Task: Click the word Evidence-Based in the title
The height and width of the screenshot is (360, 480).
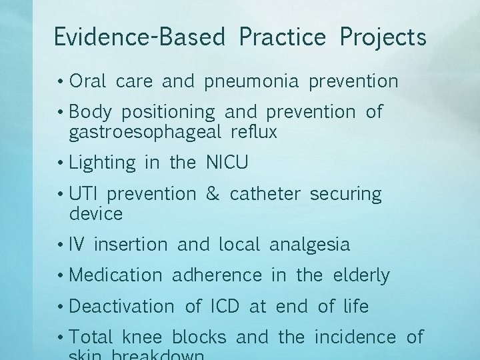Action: coord(139,37)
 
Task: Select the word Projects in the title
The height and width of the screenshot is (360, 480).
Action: coord(383,37)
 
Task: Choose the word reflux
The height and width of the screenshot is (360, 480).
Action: coord(253,131)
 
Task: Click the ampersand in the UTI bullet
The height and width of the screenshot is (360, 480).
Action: coord(213,195)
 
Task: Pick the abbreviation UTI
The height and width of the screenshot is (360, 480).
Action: coord(83,195)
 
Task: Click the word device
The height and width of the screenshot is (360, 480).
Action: coord(96,214)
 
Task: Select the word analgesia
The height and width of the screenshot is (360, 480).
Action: coord(309,245)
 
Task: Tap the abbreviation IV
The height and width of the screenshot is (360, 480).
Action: coord(77,245)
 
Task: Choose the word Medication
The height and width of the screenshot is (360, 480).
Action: coord(115,275)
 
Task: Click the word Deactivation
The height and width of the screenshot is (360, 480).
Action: coord(121,306)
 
